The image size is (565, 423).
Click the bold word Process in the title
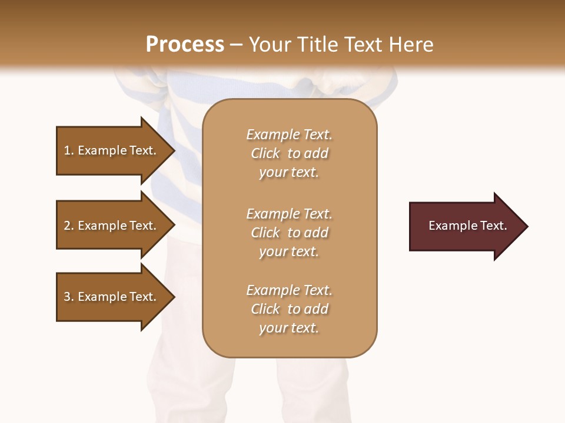(185, 45)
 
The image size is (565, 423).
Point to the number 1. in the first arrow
(69, 150)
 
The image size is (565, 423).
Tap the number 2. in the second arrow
(69, 226)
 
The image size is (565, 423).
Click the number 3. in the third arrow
(69, 297)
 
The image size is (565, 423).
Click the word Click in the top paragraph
(265, 153)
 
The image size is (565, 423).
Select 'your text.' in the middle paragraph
(289, 251)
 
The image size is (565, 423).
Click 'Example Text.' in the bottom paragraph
(289, 290)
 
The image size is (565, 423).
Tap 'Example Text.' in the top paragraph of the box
(289, 135)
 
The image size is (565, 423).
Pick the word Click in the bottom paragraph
(265, 309)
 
